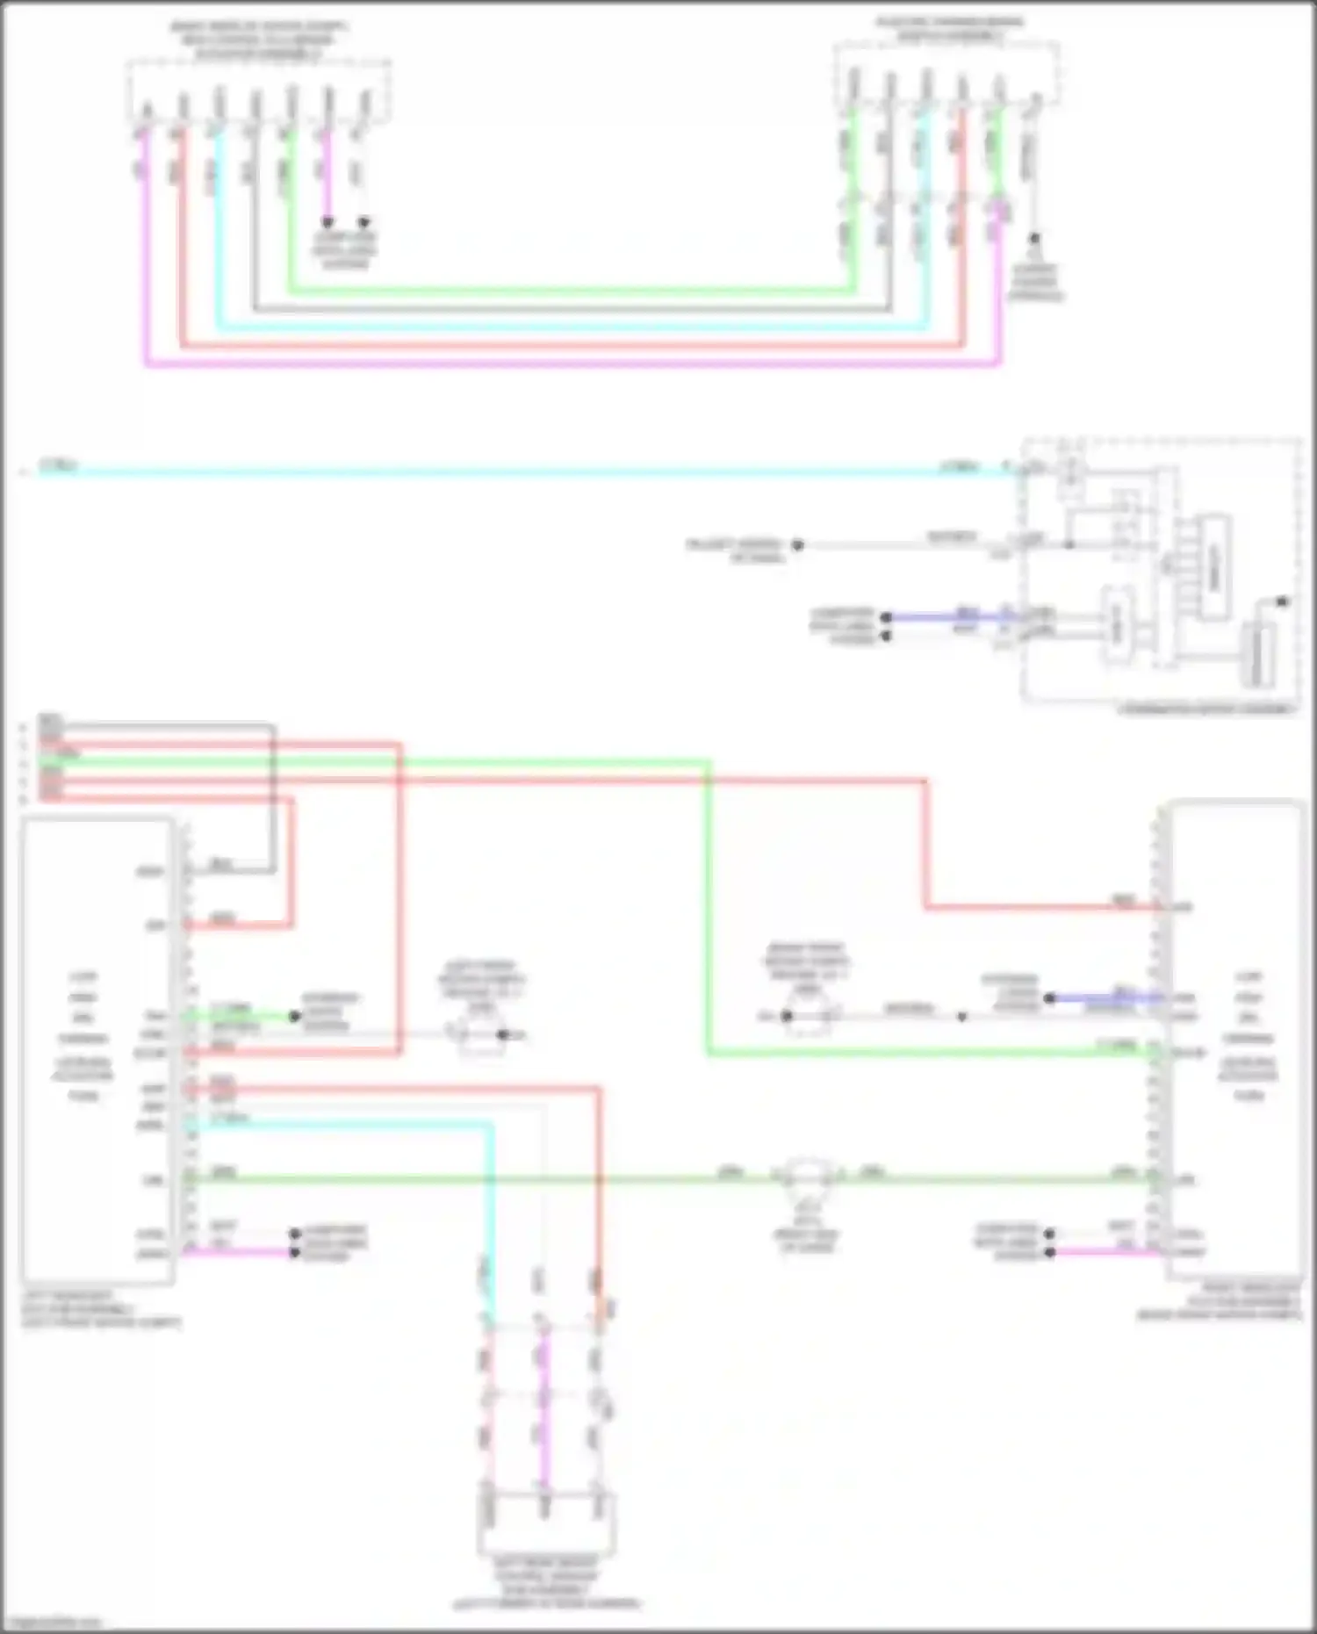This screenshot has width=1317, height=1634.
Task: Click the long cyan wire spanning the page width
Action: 527,472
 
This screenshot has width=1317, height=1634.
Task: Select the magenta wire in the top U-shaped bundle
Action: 571,363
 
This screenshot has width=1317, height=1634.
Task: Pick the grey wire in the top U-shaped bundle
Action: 571,309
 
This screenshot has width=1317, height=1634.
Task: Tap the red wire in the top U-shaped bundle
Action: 571,345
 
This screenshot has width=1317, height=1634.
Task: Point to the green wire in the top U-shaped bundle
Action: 571,289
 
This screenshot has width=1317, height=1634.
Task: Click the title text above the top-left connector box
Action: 258,40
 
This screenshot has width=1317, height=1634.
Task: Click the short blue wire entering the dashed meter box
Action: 948,617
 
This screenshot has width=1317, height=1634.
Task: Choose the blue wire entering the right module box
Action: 1106,998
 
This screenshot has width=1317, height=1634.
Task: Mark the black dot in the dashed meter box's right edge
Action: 1283,601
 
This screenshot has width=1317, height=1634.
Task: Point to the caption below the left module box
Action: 101,1308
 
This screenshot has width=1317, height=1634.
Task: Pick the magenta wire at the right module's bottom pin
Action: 1106,1252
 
